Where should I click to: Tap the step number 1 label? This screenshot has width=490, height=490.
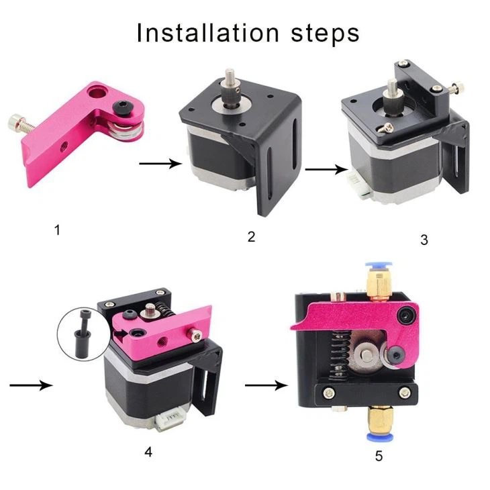pyautogui.click(x=57, y=230)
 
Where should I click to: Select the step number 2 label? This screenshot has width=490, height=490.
pyautogui.click(x=251, y=237)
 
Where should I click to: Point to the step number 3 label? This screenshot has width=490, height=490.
pyautogui.click(x=424, y=240)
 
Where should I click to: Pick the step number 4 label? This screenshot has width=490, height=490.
pyautogui.click(x=148, y=452)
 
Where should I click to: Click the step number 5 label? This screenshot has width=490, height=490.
pyautogui.click(x=379, y=456)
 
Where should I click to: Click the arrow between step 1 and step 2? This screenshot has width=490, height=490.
pyautogui.click(x=160, y=163)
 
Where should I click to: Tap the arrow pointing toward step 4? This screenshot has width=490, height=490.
pyautogui.click(x=31, y=385)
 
